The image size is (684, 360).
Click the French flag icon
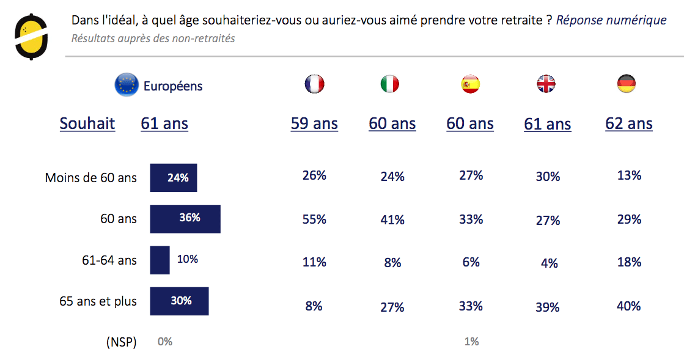coord(314,84)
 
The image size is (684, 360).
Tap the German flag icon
coord(627,84)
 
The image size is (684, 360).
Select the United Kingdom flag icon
coord(546,84)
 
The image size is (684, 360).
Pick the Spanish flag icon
coord(470,84)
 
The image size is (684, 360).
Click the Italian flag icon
coord(389,84)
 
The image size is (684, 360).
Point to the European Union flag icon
coord(127,86)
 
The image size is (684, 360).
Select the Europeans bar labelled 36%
coord(185,219)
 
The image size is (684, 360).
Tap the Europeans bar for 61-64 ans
coord(160,260)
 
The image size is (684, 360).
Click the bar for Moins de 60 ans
coord(174,178)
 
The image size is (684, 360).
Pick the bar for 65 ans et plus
coord(179,301)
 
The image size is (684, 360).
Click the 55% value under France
coord(314,219)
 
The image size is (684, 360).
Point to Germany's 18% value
coord(629,262)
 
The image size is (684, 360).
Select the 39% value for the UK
coord(547,307)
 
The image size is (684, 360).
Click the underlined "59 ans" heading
coord(314,124)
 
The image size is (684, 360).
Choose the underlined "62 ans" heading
coord(629,124)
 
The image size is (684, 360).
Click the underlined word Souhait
coord(87,124)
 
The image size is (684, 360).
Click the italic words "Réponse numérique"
coord(611,20)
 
